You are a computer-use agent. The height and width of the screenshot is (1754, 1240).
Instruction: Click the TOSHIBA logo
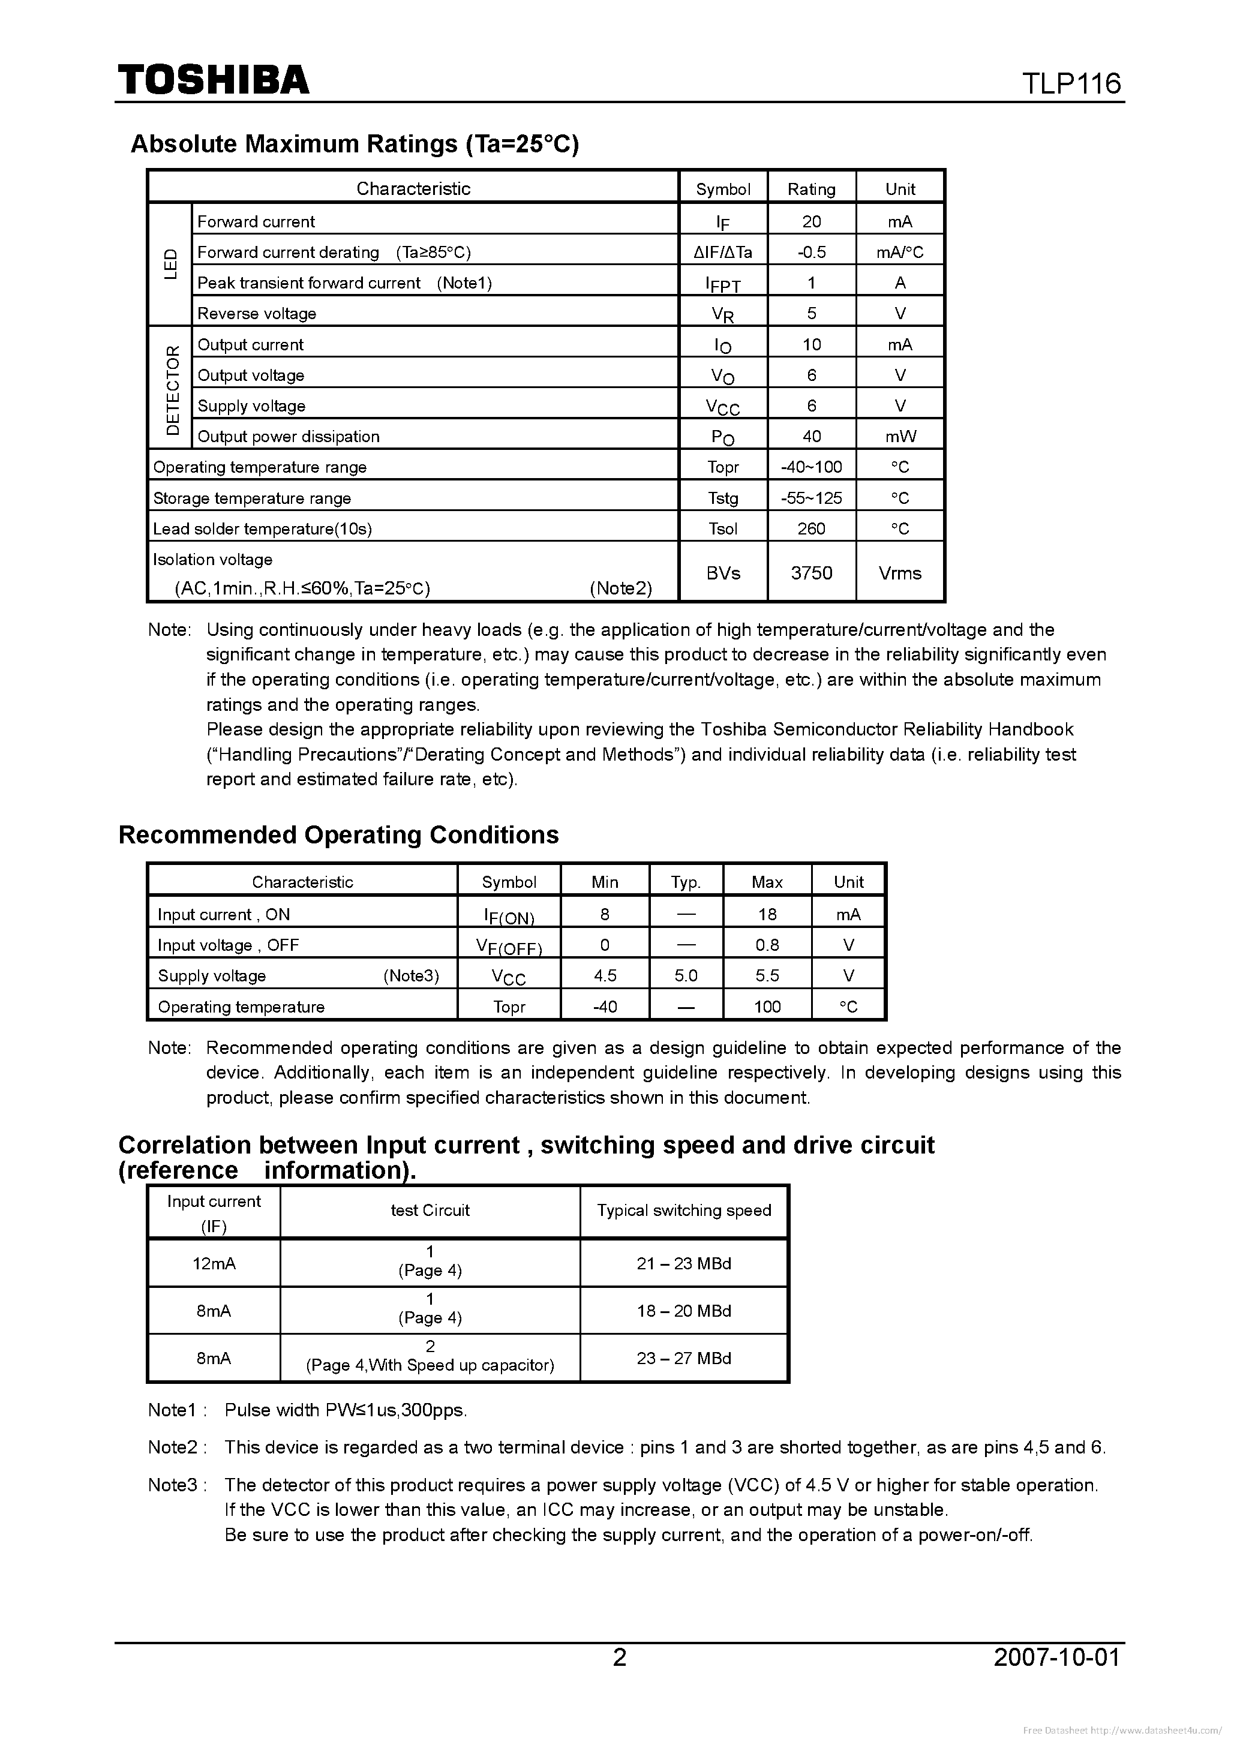[213, 79]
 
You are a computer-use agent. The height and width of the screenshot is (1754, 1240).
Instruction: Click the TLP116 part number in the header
[1071, 83]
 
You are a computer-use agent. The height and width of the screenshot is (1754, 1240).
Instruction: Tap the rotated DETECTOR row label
[173, 389]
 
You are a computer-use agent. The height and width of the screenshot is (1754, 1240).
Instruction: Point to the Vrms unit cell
[899, 573]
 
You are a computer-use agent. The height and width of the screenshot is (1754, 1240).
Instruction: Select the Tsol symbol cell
[723, 528]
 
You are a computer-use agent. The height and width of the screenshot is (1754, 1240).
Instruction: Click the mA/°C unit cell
[899, 252]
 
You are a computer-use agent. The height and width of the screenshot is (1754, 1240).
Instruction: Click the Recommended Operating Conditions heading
[338, 835]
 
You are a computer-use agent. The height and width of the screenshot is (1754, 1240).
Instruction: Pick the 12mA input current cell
[214, 1263]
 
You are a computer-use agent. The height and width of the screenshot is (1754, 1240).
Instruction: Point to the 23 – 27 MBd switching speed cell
[684, 1358]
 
